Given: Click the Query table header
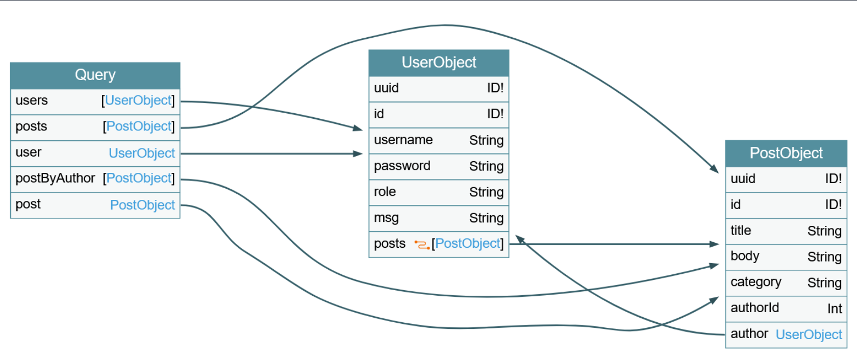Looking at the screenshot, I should point(95,75).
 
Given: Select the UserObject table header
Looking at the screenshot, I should point(439,62).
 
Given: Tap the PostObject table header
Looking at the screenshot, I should point(786,153).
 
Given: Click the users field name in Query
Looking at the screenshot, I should point(32,100).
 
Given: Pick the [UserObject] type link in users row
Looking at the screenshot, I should point(138,100).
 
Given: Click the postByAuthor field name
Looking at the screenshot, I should point(55,178).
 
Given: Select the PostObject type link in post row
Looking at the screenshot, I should point(142,205).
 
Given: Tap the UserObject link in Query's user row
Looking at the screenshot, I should point(141,153).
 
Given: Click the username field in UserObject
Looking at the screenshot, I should point(403,140).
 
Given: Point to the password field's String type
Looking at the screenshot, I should point(486,166).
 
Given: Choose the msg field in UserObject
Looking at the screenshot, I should point(386,218).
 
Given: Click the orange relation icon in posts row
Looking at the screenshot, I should point(422,245).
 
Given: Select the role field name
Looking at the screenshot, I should point(385,192).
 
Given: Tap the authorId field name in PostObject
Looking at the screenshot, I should point(754,308).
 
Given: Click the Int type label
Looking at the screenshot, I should point(835,308).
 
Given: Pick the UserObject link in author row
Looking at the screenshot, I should point(809,335).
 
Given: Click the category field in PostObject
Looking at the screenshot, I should point(755,282).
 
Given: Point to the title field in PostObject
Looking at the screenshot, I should point(741,230).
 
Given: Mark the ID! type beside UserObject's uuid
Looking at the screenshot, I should point(495,88).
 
